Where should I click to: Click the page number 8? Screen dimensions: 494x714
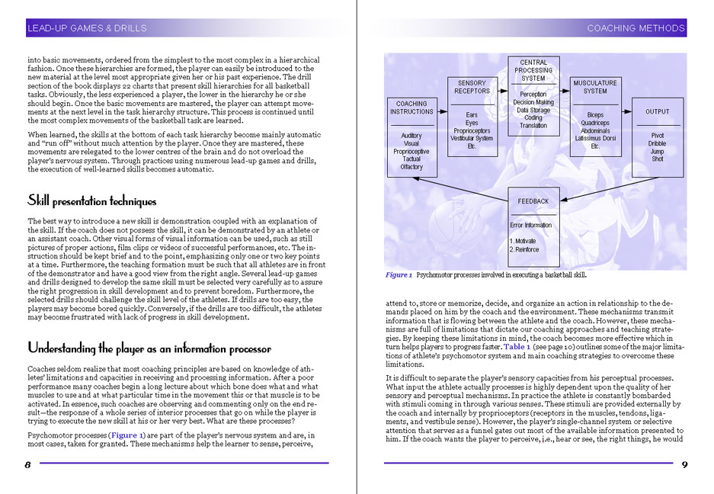click(28, 465)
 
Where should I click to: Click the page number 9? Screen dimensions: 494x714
click(684, 465)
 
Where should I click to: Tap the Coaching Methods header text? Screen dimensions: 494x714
click(636, 29)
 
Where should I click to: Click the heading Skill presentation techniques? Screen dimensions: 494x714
click(91, 201)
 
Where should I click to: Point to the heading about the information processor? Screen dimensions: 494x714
click(149, 348)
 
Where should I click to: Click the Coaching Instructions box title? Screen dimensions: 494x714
click(411, 107)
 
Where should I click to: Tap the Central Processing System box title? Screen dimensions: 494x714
click(533, 71)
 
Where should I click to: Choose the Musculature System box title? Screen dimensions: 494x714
click(595, 87)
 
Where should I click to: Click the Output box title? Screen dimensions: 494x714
click(657, 111)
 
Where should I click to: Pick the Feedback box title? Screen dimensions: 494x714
click(533, 201)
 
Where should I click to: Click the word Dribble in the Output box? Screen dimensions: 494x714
click(657, 143)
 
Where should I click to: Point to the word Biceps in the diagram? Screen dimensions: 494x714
click(595, 115)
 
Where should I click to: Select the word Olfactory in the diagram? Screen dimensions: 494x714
click(411, 167)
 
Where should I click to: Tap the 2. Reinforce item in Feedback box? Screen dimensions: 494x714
click(525, 249)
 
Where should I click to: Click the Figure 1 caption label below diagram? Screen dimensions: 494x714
click(399, 275)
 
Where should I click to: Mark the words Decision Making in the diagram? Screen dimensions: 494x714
click(533, 102)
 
